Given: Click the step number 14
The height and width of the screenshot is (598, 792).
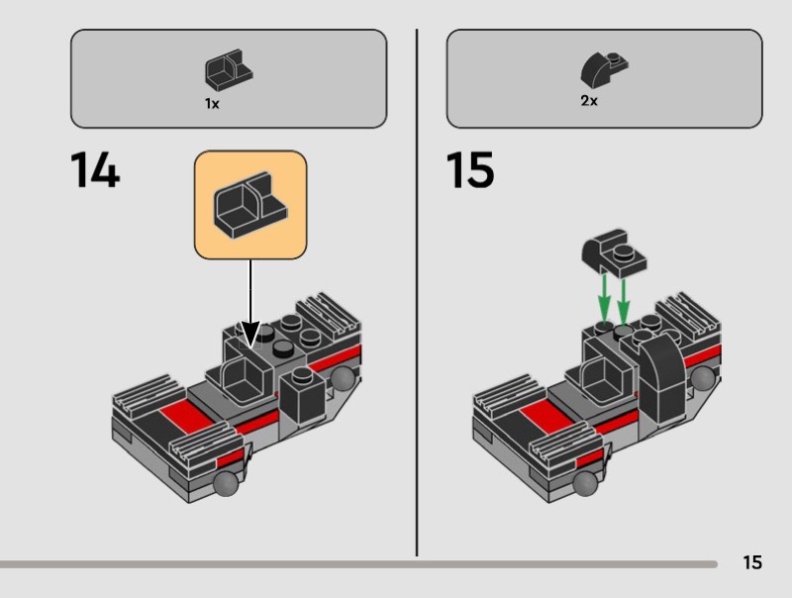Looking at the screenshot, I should (x=96, y=171).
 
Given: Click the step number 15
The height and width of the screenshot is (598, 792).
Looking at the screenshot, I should (x=470, y=171).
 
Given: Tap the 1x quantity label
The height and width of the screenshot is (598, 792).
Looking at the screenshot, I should (x=212, y=103).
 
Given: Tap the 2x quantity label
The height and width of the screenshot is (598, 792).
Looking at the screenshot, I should (x=589, y=102).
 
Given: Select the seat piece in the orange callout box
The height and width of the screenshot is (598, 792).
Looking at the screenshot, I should (x=248, y=205).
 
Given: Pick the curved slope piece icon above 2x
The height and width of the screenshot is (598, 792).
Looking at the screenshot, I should (x=604, y=69).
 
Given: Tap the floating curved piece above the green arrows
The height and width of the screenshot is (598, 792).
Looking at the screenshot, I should (x=614, y=253).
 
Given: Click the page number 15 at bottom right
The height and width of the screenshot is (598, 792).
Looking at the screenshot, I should (x=752, y=562).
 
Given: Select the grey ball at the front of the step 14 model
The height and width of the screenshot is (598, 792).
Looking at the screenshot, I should (x=224, y=482).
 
